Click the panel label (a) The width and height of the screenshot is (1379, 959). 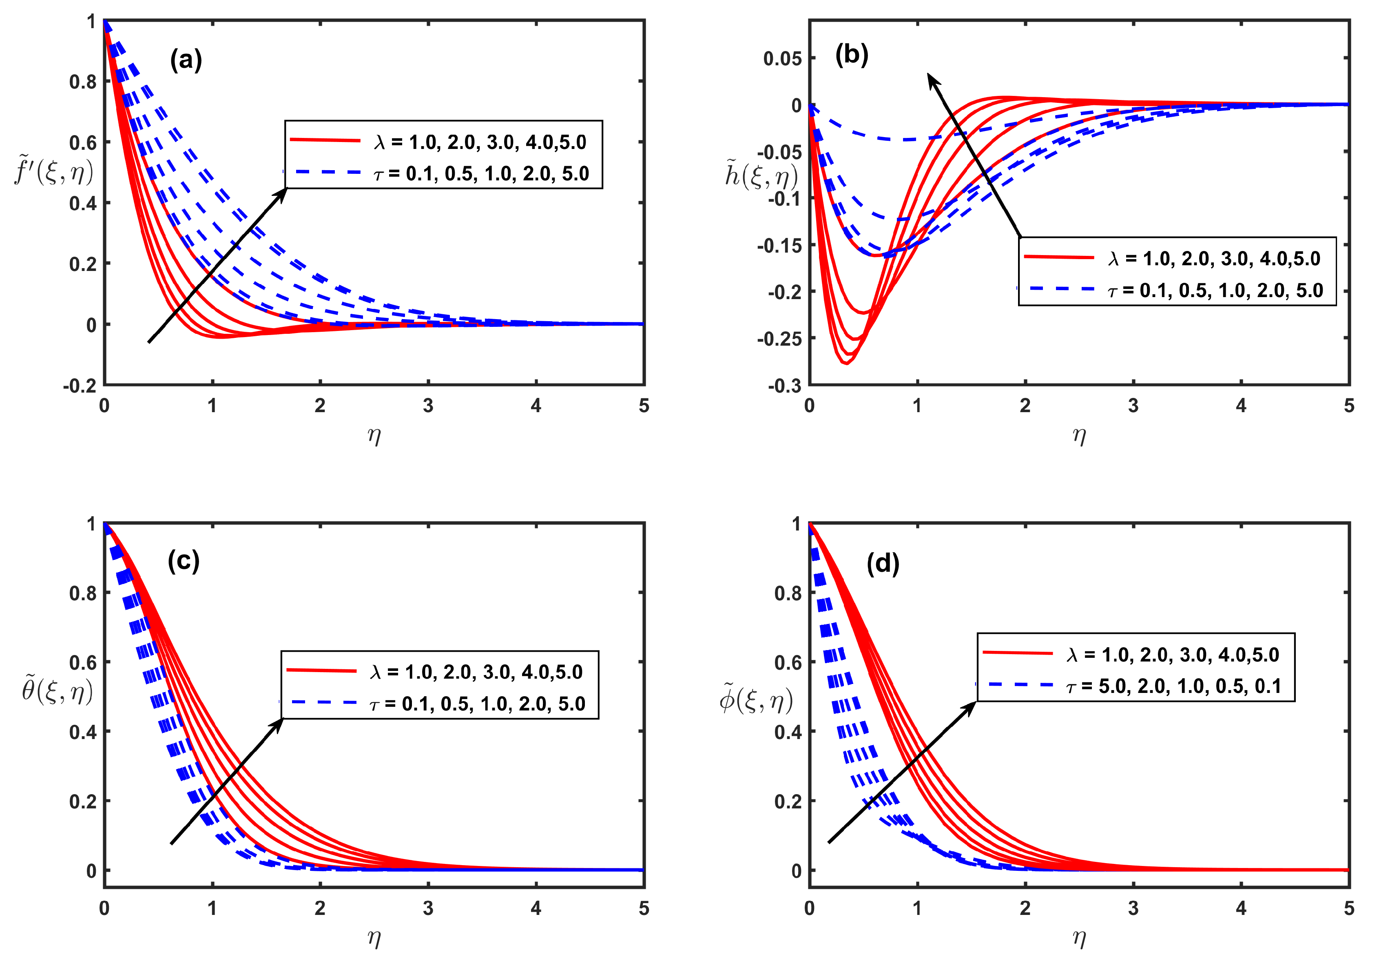coord(186,60)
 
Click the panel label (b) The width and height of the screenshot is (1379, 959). coord(852,55)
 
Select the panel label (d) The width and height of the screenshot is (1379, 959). coord(883,564)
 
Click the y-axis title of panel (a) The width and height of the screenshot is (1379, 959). coord(54,172)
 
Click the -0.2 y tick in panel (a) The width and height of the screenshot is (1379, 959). coord(80,386)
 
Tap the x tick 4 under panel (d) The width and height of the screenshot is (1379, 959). coord(1241,908)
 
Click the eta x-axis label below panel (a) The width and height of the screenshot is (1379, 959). coord(374,436)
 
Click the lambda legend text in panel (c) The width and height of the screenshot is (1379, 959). coord(476,672)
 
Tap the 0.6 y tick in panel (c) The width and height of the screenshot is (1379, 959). coord(83,663)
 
